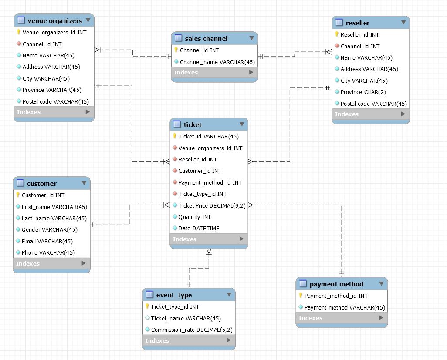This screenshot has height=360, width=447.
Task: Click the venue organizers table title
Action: click(54, 21)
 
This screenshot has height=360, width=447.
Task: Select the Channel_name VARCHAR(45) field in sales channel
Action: click(217, 62)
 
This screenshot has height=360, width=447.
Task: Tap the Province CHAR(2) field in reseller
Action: click(363, 92)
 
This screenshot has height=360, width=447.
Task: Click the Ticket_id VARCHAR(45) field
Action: click(208, 136)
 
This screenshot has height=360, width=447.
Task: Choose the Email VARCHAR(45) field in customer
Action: click(47, 241)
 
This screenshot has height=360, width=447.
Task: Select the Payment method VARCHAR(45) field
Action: click(344, 307)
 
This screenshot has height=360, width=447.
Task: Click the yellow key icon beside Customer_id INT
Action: click(18, 195)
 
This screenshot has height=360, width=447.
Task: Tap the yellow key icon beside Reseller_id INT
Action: click(337, 34)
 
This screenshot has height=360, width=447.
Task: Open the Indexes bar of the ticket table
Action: click(208, 239)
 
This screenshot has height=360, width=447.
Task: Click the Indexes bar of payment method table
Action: click(341, 318)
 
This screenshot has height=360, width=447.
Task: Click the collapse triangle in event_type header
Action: click(229, 295)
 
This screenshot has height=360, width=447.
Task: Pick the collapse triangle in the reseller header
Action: click(403, 23)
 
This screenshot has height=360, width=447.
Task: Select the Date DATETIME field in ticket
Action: click(199, 228)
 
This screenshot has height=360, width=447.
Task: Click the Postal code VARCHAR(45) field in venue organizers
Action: click(55, 101)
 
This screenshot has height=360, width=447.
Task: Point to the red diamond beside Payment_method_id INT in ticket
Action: click(175, 182)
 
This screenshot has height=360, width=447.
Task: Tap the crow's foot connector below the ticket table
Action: click(209, 252)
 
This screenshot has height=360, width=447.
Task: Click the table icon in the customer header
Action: click(20, 183)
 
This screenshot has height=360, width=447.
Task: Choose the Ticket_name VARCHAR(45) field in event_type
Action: click(186, 318)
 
